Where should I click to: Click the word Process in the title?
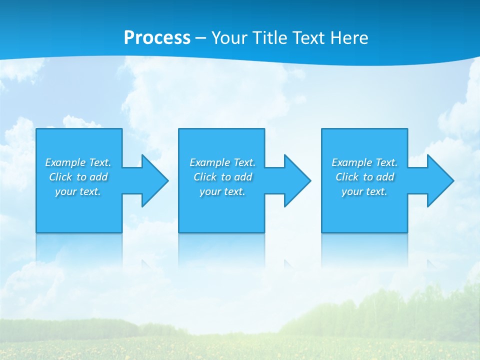[157, 37]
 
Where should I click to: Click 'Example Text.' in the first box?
[78, 162]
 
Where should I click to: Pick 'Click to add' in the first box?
[78, 177]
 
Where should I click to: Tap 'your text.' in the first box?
[78, 191]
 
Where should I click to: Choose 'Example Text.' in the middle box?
[222, 162]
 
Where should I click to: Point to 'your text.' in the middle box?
[222, 191]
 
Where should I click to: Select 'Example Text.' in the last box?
[364, 162]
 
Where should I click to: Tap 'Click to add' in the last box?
[365, 177]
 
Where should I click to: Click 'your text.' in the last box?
[364, 191]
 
